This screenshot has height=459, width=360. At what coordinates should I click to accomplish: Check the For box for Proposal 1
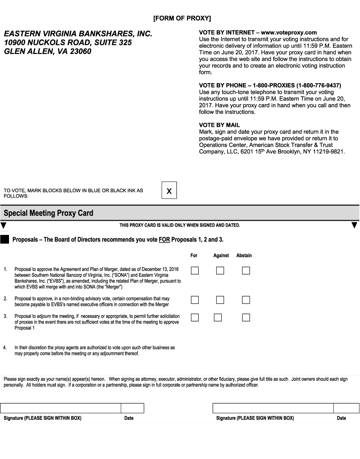tap(195, 270)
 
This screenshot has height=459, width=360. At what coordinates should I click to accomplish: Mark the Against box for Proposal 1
tap(220, 270)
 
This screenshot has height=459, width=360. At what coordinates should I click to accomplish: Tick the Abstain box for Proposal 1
tap(246, 270)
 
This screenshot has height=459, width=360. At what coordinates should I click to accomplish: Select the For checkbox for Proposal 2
tap(195, 300)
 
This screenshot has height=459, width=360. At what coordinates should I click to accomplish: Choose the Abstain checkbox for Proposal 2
tap(246, 300)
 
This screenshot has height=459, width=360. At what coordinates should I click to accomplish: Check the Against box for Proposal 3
tap(218, 318)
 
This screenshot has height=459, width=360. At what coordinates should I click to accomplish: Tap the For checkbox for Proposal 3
tap(195, 318)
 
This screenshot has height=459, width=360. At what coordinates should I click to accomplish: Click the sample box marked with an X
tap(169, 190)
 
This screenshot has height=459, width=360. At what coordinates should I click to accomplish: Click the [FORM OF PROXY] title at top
tap(182, 18)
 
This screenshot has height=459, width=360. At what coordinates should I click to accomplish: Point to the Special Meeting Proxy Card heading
tap(49, 213)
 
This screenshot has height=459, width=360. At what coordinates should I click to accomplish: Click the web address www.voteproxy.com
tap(289, 32)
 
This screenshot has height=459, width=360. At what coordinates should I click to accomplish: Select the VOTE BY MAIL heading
tap(219, 125)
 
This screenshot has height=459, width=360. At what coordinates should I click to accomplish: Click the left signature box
tap(60, 408)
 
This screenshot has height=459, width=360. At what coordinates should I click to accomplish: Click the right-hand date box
tap(346, 408)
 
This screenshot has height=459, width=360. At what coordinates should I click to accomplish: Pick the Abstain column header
tap(244, 255)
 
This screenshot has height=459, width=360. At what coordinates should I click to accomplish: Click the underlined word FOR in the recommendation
tap(164, 240)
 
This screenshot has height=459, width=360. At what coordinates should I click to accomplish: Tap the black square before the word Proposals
tap(5, 240)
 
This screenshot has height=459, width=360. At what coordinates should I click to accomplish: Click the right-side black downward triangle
tap(354, 225)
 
